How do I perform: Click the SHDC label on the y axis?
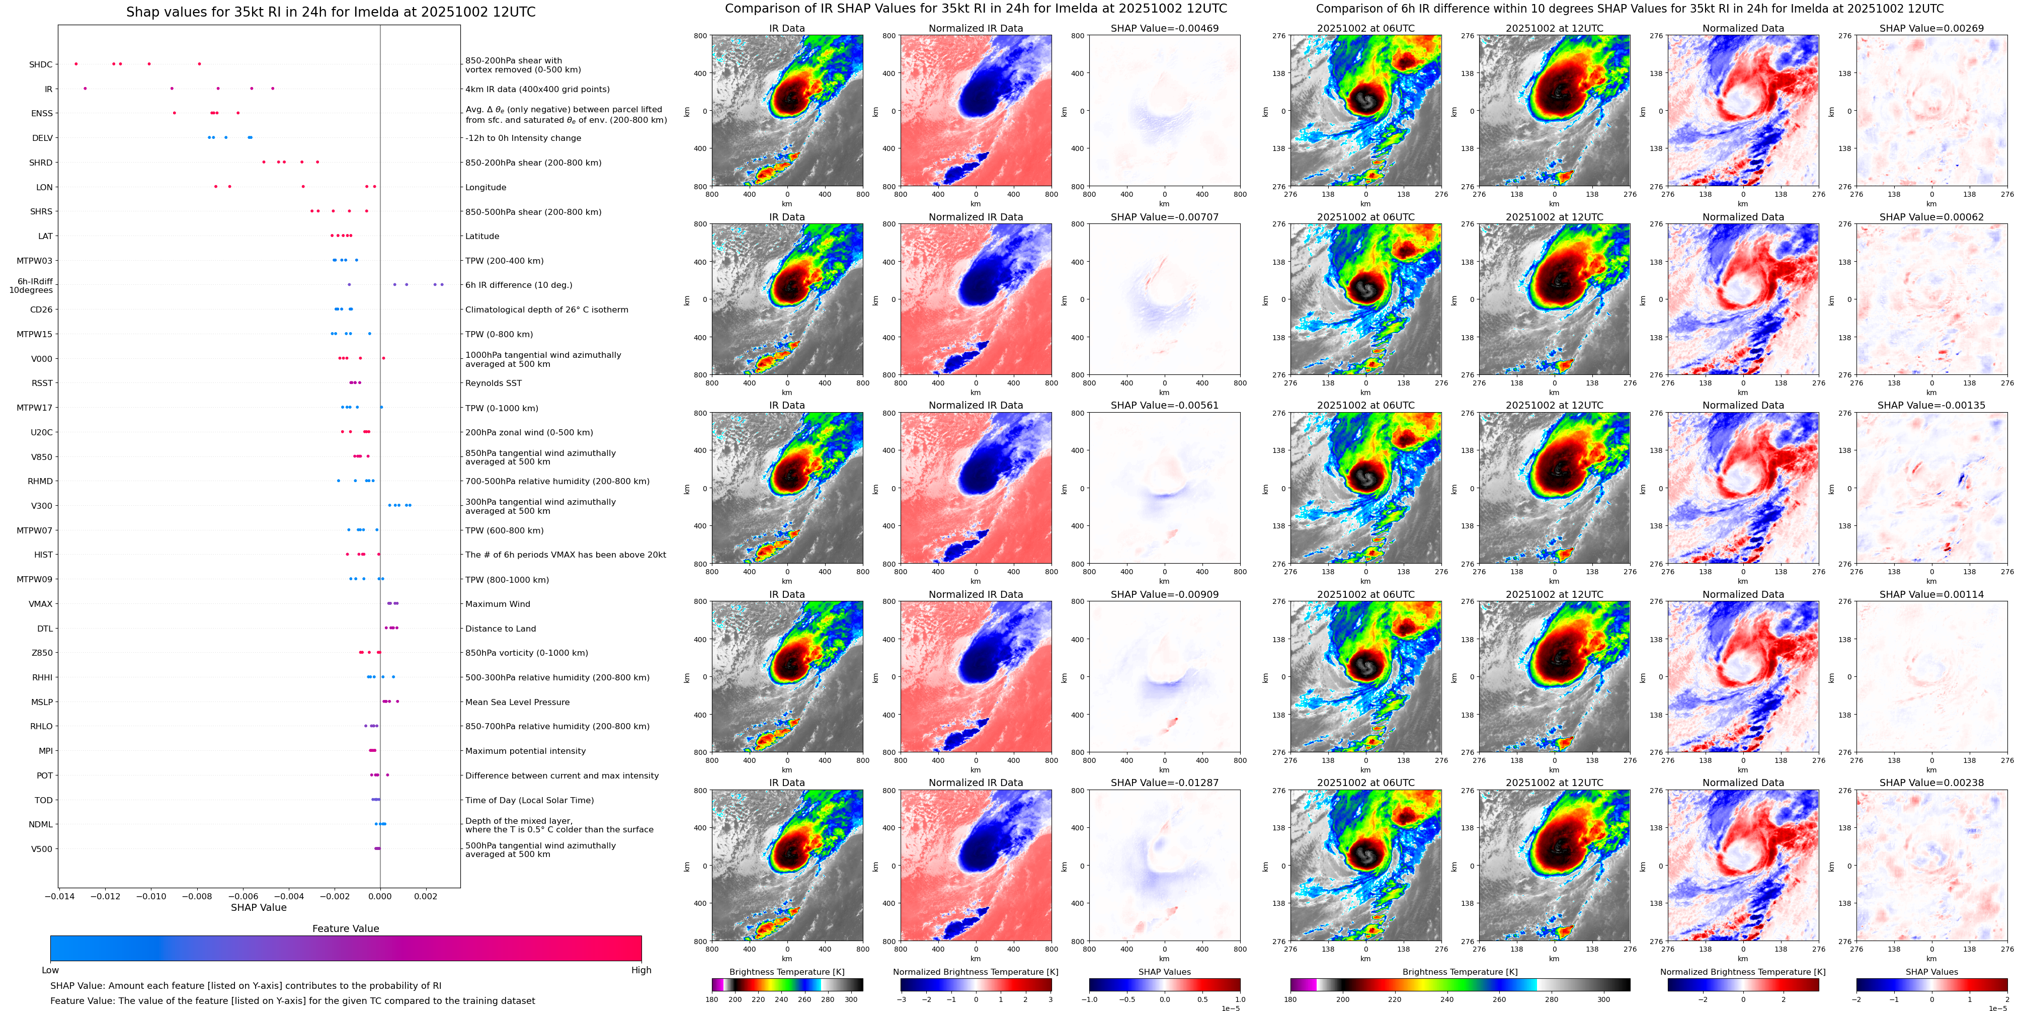41,65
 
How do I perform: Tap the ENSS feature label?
42,114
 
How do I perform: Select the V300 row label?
42,506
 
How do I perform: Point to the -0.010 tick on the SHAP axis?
151,896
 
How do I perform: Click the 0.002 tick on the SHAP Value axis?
426,896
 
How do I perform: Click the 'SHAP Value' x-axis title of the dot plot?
259,907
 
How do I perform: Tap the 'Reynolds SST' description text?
493,383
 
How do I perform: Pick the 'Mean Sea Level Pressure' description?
518,703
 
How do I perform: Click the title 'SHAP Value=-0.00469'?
1165,28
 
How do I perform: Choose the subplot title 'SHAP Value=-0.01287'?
1165,783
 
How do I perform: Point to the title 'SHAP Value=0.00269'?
1931,28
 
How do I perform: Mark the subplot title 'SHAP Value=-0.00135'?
1931,406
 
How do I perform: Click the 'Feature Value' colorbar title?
346,928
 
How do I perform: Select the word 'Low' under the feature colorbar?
50,970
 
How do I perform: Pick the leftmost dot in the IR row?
85,89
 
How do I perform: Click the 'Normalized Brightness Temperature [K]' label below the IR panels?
976,972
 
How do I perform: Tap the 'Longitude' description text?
486,187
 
